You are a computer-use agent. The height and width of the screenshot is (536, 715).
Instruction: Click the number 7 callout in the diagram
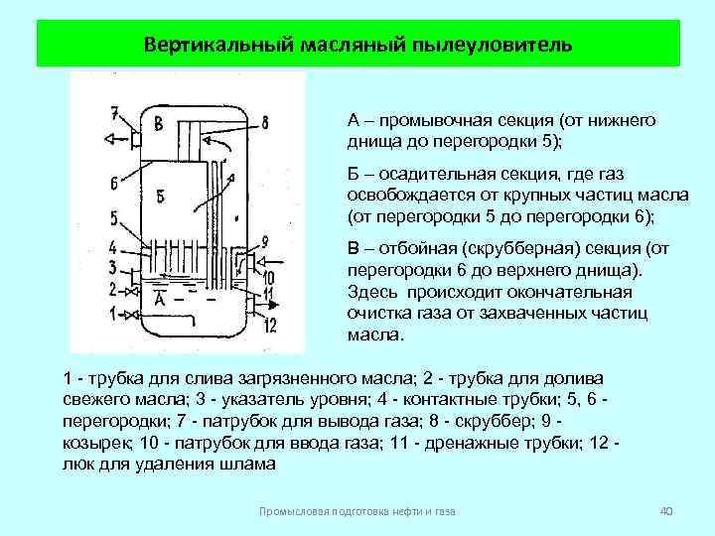coord(114,111)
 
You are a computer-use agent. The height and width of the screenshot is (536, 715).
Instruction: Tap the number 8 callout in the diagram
coord(264,122)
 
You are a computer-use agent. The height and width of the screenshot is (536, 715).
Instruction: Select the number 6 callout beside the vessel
coord(114,182)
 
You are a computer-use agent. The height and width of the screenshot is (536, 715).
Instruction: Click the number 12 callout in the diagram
coord(269,326)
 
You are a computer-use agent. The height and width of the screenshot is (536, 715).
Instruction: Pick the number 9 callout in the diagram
coord(263,241)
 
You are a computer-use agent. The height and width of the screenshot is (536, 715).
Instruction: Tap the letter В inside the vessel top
coord(158,124)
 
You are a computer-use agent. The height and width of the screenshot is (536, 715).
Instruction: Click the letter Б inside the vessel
coord(161,192)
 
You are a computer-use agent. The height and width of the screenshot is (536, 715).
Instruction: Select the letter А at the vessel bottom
coord(159,297)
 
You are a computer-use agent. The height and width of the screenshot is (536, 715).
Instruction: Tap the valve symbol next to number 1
coord(129,316)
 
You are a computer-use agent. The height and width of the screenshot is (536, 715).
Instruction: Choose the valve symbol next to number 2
coord(128,291)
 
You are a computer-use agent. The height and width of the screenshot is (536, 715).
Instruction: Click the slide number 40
coord(666,510)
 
